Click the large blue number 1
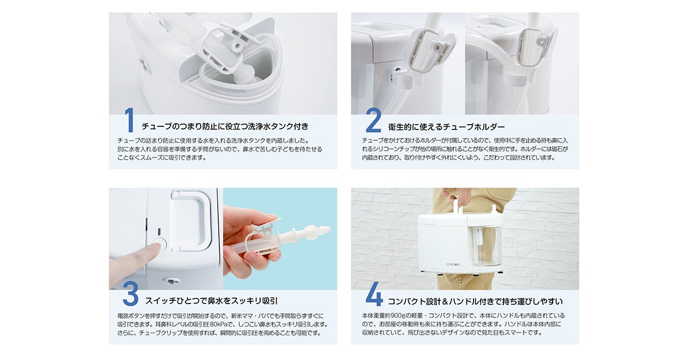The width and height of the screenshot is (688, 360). point(129,120)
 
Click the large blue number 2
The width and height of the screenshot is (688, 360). point(373,120)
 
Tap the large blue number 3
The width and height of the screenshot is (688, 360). point(130,294)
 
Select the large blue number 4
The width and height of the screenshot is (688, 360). point(374,294)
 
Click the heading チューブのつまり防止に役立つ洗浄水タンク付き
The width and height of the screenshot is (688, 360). point(225,127)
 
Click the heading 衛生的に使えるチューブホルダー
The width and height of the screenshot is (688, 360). point(446,127)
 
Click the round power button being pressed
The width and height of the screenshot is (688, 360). point(159,244)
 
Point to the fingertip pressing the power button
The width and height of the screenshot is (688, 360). point(153,248)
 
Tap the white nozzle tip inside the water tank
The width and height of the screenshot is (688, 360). point(245,75)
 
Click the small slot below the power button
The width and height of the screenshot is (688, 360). point(170,280)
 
